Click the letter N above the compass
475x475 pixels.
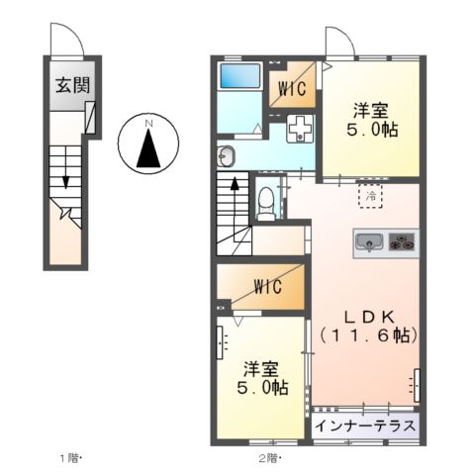coord(148,123)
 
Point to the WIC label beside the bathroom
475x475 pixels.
coord(293,88)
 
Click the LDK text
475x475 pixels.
coord(368,317)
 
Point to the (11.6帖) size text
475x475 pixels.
coord(368,336)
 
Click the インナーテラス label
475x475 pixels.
coord(365,426)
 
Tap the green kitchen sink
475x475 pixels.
coord(368,240)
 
